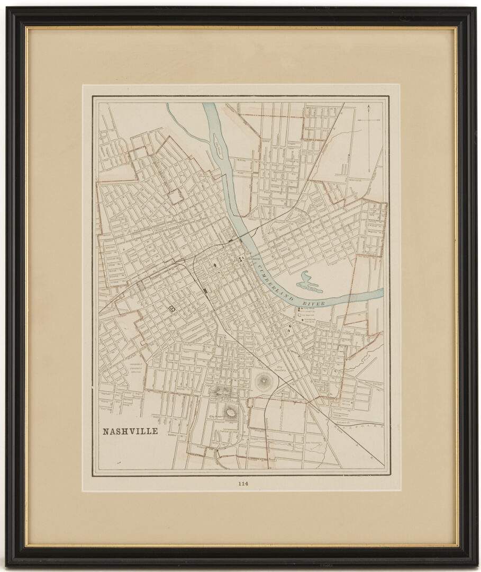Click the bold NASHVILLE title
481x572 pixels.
[x=130, y=431]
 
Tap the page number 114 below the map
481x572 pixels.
[x=243, y=483]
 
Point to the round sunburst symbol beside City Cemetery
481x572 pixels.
[x=262, y=381]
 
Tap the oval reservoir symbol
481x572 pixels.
[x=231, y=412]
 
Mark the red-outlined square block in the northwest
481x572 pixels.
[x=175, y=196]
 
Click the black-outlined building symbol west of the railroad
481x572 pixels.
[x=171, y=309]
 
